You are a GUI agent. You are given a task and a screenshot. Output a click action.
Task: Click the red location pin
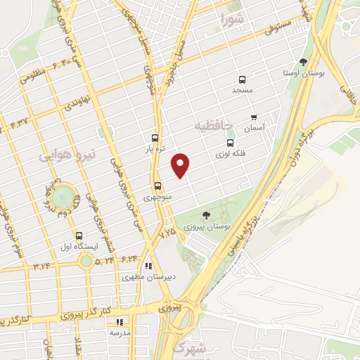[x=181, y=164]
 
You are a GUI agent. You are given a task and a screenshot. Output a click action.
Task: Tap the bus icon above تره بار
[x=155, y=138]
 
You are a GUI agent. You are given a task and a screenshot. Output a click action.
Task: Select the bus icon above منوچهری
[x=157, y=186]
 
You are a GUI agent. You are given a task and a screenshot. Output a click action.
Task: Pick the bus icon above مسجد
[x=242, y=79]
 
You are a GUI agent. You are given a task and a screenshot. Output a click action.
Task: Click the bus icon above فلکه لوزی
[x=229, y=143]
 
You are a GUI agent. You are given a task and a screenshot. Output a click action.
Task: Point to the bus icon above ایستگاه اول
[x=78, y=236]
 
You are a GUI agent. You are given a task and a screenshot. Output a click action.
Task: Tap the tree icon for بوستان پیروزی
[x=206, y=215]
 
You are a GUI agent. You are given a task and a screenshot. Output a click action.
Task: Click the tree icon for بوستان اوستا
[x=303, y=62]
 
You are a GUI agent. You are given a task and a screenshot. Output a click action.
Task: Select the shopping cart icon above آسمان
[x=253, y=117]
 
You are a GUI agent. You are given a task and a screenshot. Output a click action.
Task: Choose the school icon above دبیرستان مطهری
[x=148, y=266]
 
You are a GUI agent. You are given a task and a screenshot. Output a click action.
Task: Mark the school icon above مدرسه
[x=118, y=321]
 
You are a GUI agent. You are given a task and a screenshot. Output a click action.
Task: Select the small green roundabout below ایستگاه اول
[x=86, y=262]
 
